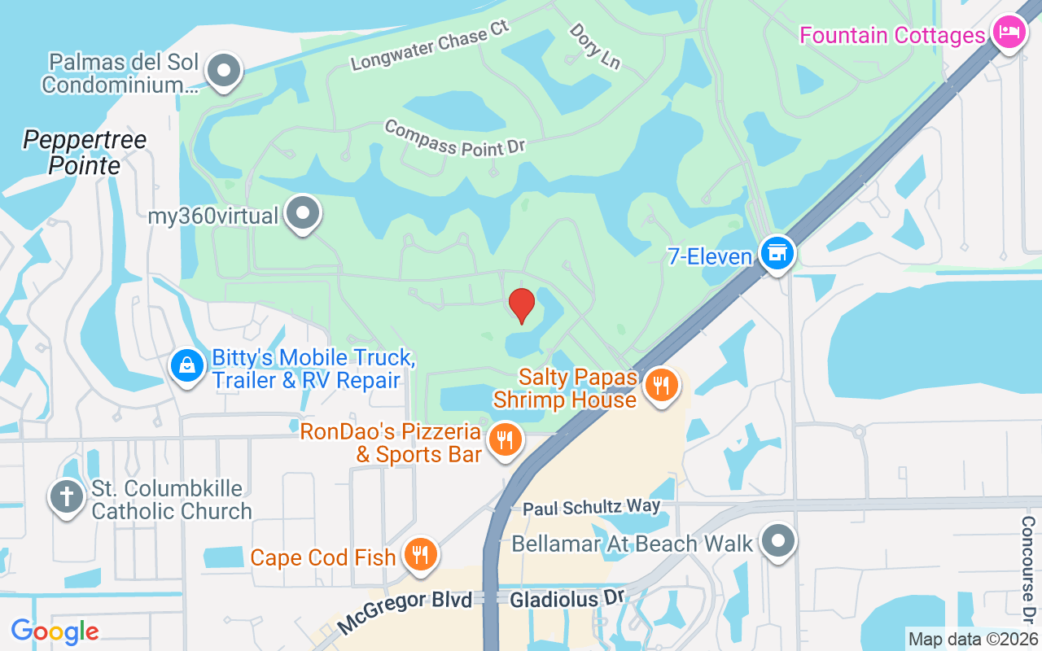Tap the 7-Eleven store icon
tap(777, 253)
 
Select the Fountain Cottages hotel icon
tap(1009, 33)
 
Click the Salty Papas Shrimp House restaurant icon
tap(661, 385)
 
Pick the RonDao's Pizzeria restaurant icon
tap(506, 439)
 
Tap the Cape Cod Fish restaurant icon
tap(421, 555)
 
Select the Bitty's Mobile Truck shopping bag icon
tap(187, 365)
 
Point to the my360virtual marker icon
tap(304, 213)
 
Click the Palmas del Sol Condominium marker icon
tap(223, 71)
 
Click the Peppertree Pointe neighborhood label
tap(85, 153)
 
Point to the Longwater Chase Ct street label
tap(430, 46)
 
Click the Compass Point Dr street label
tap(454, 137)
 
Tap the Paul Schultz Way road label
tap(591, 507)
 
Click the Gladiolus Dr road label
tap(567, 600)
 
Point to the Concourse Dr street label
tap(1028, 566)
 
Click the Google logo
tap(55, 631)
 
